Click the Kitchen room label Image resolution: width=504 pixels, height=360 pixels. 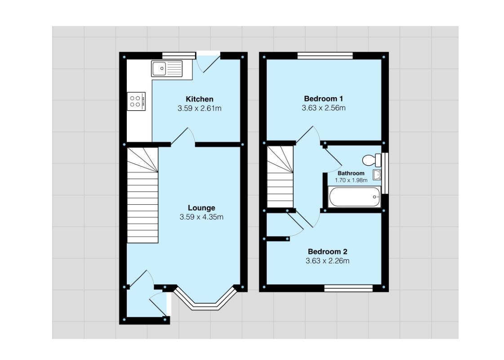pos(199,99)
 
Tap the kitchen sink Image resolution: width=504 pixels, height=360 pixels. pos(167,68)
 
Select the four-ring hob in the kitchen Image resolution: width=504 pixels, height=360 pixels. pos(136,101)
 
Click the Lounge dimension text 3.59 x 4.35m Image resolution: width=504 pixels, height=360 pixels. pos(201,217)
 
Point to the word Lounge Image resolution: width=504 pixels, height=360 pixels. pos(201,208)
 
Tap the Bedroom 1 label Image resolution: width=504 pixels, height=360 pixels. pos(323,99)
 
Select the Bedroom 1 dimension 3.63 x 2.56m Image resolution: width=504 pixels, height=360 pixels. pos(323,108)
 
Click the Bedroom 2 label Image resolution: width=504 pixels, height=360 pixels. pos(327,252)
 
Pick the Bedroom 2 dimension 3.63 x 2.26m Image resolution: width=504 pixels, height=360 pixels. pos(327,261)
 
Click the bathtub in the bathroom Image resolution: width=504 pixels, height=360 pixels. pos(354,197)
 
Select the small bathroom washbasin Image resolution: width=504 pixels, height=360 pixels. pos(377,175)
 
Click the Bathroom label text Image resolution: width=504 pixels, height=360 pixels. pos(351,173)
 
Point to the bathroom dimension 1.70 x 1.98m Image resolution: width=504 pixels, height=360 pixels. pos(351,180)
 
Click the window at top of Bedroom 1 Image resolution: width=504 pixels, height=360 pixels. pos(325,56)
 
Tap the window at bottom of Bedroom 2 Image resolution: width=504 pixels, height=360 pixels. pos(348,288)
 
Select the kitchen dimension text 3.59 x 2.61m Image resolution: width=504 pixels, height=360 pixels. pos(199,108)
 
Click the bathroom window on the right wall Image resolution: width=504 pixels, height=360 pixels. pos(385,173)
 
